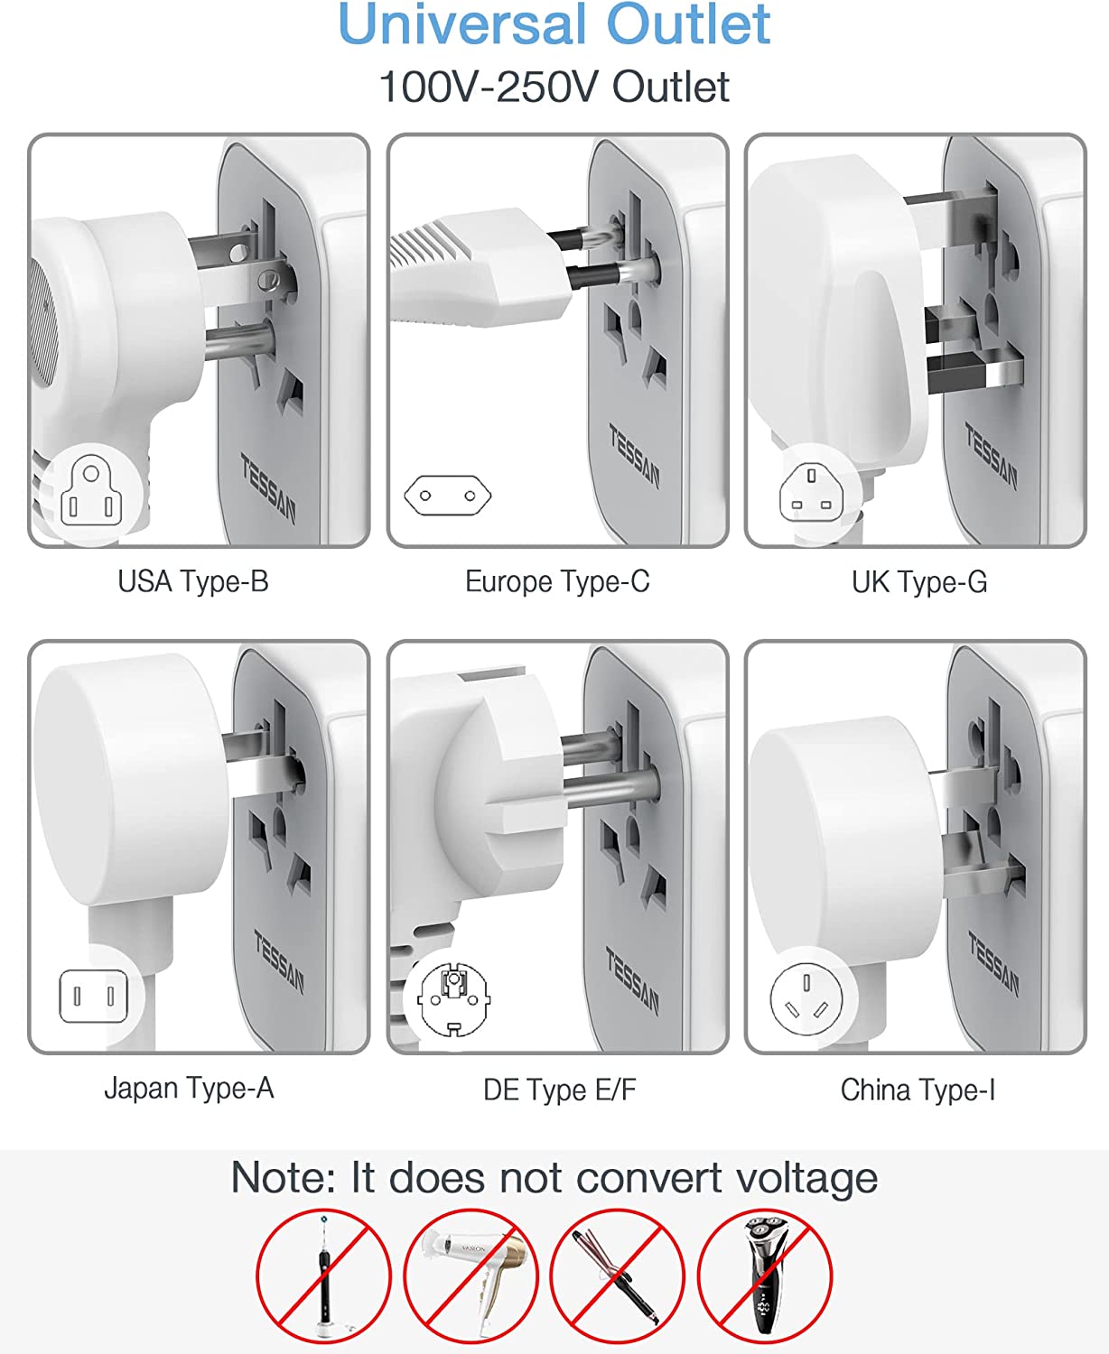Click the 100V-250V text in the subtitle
point(489,87)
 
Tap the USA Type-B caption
point(192,581)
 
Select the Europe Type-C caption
point(557,581)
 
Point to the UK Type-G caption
point(918,581)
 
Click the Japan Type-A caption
point(189,1089)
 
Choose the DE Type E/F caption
point(560,1090)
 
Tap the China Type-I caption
point(918,1090)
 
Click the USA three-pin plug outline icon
point(91,490)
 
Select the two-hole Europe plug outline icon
point(447,495)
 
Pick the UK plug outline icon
point(811,493)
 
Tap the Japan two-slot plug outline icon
point(93,997)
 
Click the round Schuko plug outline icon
point(453,999)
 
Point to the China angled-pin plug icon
point(806,1000)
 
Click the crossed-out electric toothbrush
point(324,1275)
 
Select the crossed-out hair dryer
point(471,1275)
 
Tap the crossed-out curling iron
point(618,1275)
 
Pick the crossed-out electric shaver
point(765,1275)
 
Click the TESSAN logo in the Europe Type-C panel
point(634,456)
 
